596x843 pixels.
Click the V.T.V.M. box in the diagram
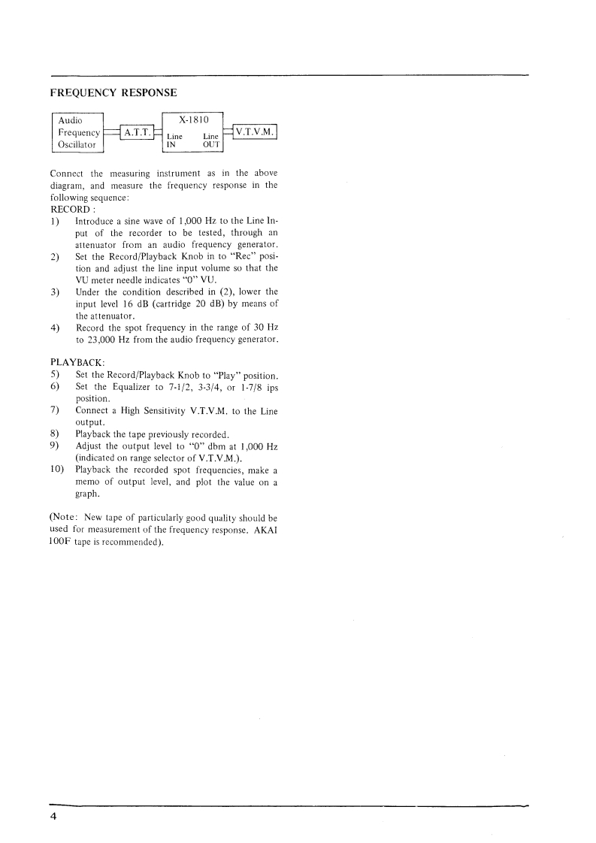coord(256,132)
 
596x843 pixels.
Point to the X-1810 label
coord(195,119)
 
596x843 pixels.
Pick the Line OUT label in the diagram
coord(210,142)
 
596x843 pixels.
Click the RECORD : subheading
coord(71,208)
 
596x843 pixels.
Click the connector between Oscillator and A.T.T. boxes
coord(110,133)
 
